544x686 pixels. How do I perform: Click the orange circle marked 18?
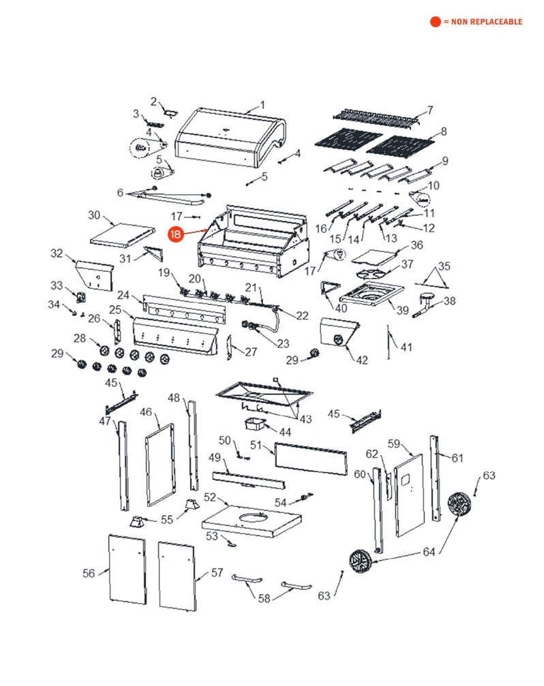(x=176, y=234)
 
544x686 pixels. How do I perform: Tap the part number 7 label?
(x=430, y=110)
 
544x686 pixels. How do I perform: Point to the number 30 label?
(x=94, y=215)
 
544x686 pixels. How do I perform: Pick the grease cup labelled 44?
(x=256, y=425)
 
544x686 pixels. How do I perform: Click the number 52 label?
(x=210, y=497)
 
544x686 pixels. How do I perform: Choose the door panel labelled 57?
(x=177, y=576)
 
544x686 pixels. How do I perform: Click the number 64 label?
(x=428, y=552)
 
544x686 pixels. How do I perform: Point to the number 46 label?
(x=146, y=412)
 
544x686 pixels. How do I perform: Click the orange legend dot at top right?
(x=435, y=22)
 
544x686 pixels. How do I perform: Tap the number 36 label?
(x=417, y=245)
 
